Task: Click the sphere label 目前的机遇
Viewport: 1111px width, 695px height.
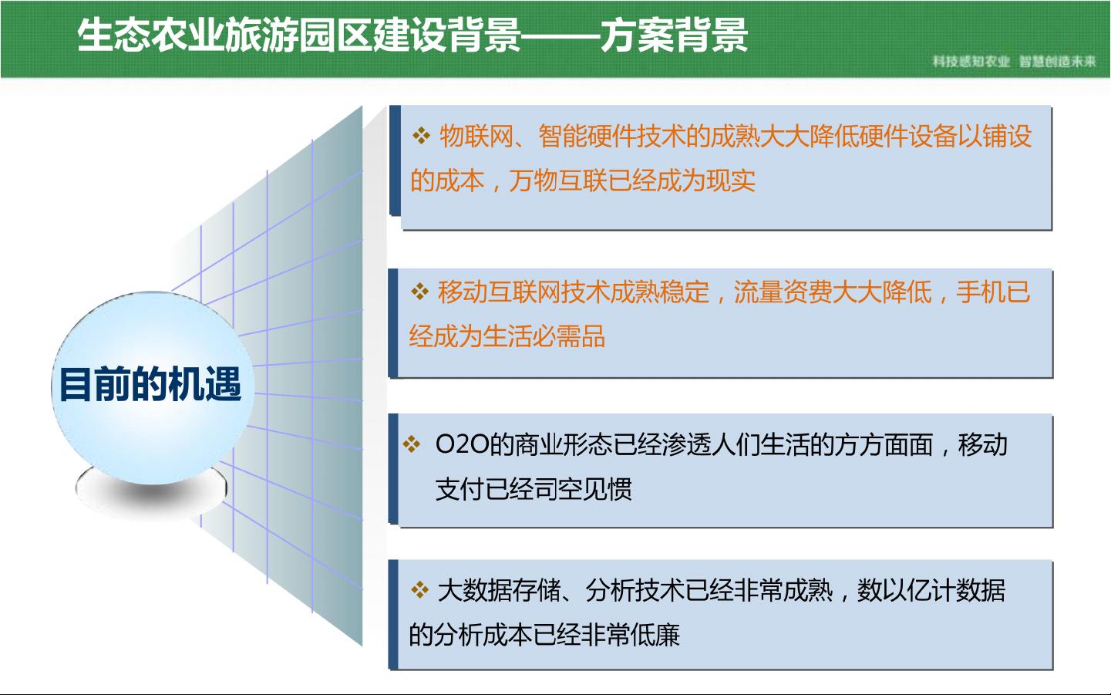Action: pyautogui.click(x=150, y=384)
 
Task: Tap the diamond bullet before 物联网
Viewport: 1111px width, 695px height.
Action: pyautogui.click(x=421, y=136)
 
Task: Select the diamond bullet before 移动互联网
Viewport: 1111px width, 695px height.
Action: pyautogui.click(x=419, y=292)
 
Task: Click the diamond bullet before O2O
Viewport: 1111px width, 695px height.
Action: pyautogui.click(x=411, y=444)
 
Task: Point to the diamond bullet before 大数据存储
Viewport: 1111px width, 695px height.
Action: pyautogui.click(x=419, y=590)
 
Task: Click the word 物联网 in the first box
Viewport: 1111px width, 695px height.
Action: pyautogui.click(x=476, y=136)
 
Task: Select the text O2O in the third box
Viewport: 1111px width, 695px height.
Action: pyautogui.click(x=462, y=444)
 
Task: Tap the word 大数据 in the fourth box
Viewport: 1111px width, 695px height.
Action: pyautogui.click(x=474, y=590)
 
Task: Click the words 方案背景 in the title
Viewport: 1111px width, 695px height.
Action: pyautogui.click(x=674, y=35)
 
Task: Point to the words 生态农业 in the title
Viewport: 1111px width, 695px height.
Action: pyautogui.click(x=151, y=35)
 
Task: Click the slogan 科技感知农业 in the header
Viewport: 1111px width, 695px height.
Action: pyautogui.click(x=971, y=62)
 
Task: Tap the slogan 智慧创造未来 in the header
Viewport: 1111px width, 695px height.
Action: pyautogui.click(x=1058, y=62)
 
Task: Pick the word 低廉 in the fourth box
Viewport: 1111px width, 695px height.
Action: pyautogui.click(x=655, y=635)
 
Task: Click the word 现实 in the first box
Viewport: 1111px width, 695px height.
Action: pyautogui.click(x=731, y=180)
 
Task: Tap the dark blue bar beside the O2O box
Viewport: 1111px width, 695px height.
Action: pyautogui.click(x=393, y=468)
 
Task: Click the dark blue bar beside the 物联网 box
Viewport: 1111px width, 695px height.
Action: pyautogui.click(x=396, y=160)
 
